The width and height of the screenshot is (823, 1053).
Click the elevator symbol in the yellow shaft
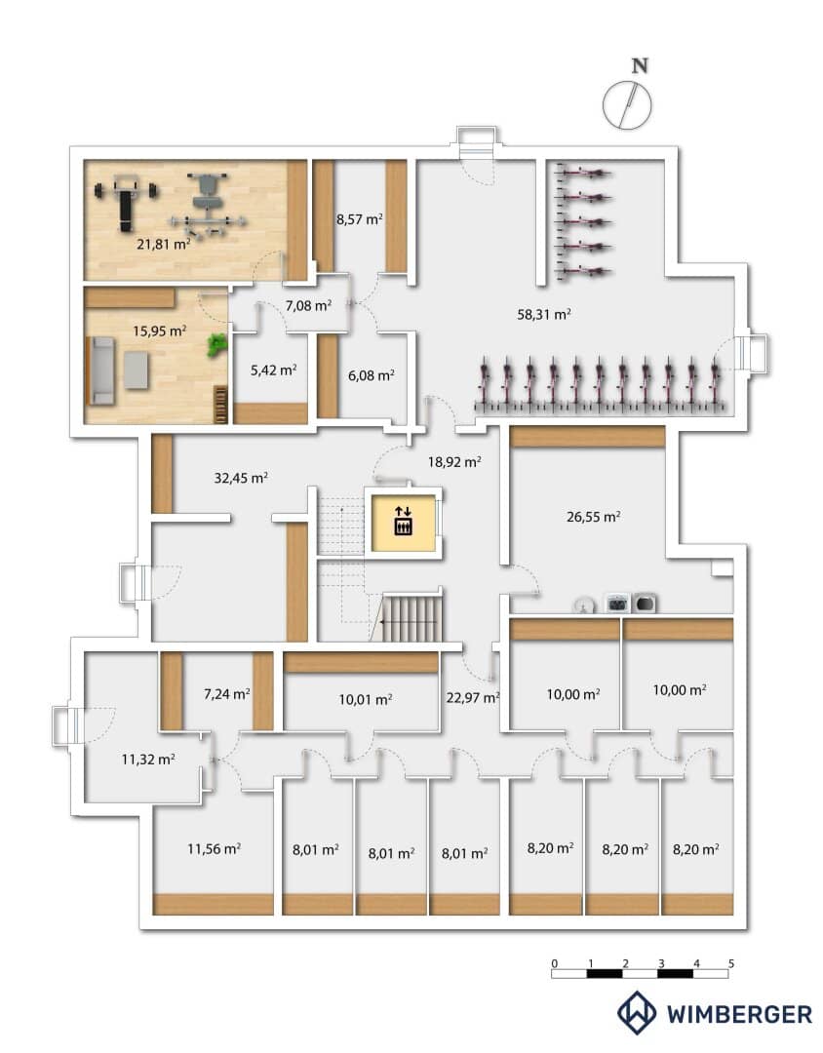click(x=403, y=521)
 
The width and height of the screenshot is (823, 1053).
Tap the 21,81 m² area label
click(x=163, y=244)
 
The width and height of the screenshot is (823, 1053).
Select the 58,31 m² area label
click(x=544, y=314)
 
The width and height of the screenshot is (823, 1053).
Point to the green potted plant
click(x=217, y=344)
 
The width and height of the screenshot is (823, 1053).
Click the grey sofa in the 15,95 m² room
click(x=100, y=370)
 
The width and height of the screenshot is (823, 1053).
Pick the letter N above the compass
click(x=640, y=66)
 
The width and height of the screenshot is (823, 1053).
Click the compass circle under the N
click(x=627, y=104)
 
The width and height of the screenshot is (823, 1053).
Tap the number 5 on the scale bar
click(x=731, y=963)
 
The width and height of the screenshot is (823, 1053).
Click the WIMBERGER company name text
click(x=739, y=1014)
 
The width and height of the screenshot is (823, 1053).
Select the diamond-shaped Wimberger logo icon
click(x=637, y=1012)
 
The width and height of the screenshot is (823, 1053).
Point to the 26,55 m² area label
click(x=593, y=517)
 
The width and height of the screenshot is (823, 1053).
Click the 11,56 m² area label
click(x=215, y=849)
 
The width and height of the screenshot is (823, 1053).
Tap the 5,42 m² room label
click(x=273, y=370)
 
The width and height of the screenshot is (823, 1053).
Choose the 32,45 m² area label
click(x=241, y=478)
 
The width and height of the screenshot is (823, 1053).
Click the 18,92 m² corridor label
click(x=454, y=462)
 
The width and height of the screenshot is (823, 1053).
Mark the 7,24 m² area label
click(x=227, y=694)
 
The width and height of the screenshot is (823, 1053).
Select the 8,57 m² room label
click(x=360, y=219)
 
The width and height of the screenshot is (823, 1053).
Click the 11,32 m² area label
click(x=148, y=760)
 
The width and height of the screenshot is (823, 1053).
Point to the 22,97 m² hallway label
click(x=473, y=698)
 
